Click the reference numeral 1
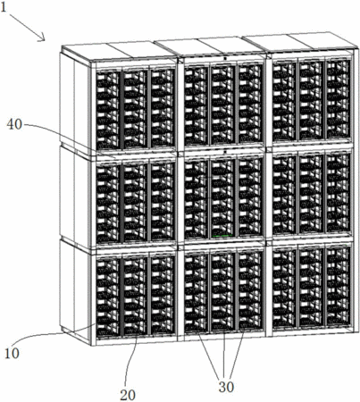[4, 7]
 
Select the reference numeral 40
[14, 124]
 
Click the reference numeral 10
[12, 354]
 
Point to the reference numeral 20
[128, 395]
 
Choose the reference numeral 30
[226, 387]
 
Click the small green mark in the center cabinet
[222, 236]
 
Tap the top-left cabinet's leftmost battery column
[108, 109]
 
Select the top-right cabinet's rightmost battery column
[338, 99]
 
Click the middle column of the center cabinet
[222, 198]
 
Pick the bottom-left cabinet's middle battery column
[135, 296]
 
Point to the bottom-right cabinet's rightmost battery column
[338, 287]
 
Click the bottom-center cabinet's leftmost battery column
[196, 292]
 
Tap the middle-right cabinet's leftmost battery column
[284, 195]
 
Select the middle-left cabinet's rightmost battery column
[163, 201]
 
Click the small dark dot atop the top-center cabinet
[225, 58]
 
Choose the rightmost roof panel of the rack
[323, 39]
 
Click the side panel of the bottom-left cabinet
[74, 291]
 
